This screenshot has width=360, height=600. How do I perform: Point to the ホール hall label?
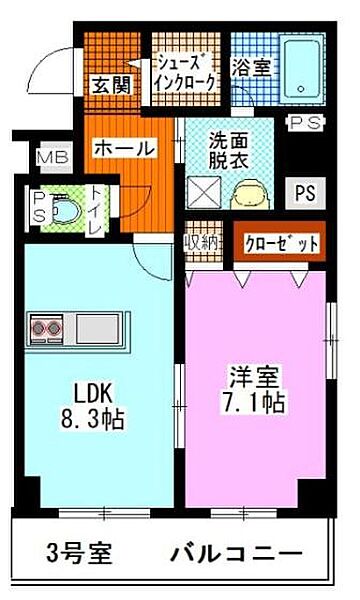coord(124,148)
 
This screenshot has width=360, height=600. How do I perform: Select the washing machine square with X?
coord(204,189)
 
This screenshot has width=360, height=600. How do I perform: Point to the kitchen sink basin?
coord(98,326)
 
